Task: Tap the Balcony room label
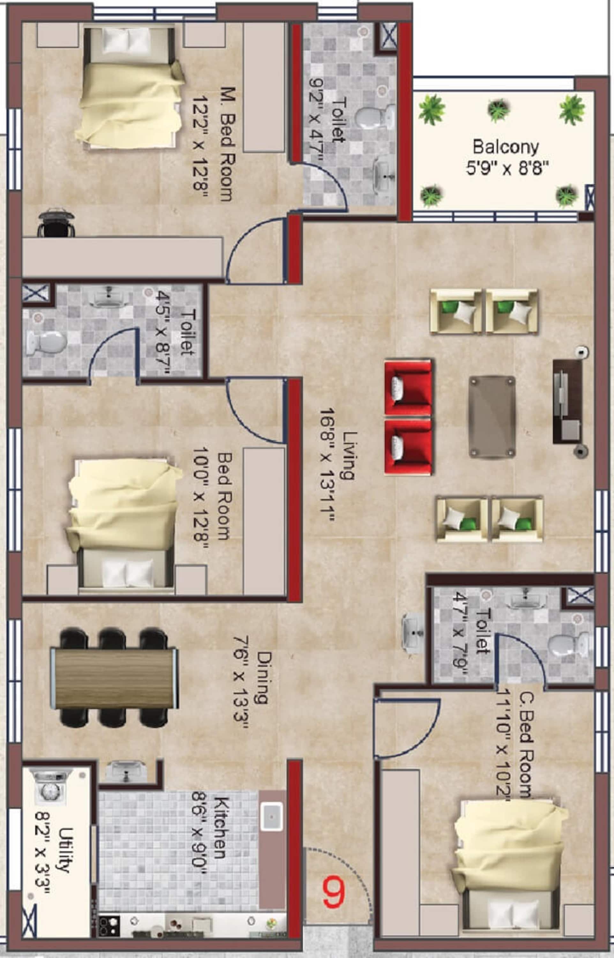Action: (x=505, y=147)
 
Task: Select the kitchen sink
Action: (x=272, y=816)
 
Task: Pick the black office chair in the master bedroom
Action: (x=56, y=223)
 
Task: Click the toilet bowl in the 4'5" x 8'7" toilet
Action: (x=46, y=343)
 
